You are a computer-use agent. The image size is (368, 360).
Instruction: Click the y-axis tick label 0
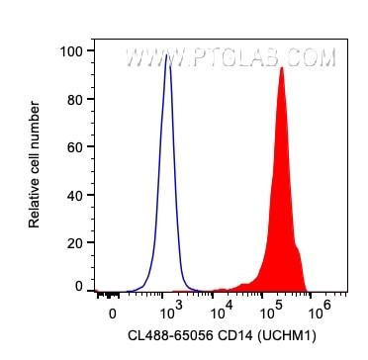(x=77, y=285)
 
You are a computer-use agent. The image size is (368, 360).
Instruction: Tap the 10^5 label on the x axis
(x=267, y=311)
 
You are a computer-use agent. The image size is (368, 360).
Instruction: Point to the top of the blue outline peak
(x=168, y=58)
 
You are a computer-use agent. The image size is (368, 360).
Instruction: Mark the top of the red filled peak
(x=282, y=67)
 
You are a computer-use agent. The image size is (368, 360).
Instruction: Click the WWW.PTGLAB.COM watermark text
(x=230, y=59)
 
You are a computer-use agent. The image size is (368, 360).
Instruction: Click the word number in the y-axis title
(x=36, y=120)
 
